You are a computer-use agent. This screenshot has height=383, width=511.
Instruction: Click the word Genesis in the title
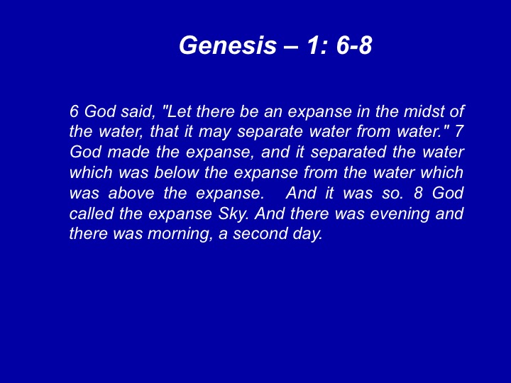coord(228,45)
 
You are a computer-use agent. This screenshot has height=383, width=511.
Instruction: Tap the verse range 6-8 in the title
coord(354,45)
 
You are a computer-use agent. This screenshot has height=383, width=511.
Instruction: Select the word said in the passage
coord(137,112)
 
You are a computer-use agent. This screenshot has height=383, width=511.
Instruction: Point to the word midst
coord(423,111)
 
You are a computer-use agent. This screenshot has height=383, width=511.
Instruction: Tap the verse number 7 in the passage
coord(459,132)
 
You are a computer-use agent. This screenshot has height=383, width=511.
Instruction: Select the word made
coord(128,152)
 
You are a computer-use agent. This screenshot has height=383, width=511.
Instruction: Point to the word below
coord(176,172)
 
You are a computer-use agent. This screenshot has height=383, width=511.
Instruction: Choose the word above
coord(131,193)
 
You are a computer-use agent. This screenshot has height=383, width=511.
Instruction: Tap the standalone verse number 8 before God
coord(418,193)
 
